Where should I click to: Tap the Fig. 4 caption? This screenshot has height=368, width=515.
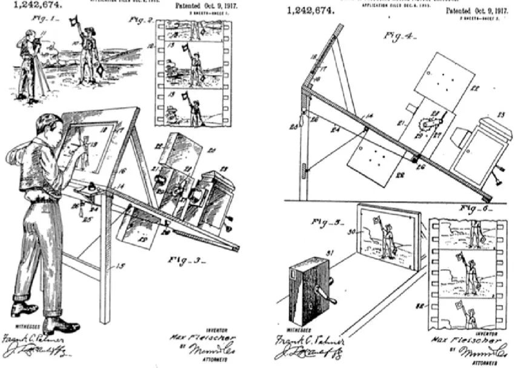click(397, 36)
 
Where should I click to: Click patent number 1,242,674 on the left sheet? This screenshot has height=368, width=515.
click(33, 6)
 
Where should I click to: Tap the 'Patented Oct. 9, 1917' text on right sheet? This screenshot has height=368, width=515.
click(477, 12)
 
